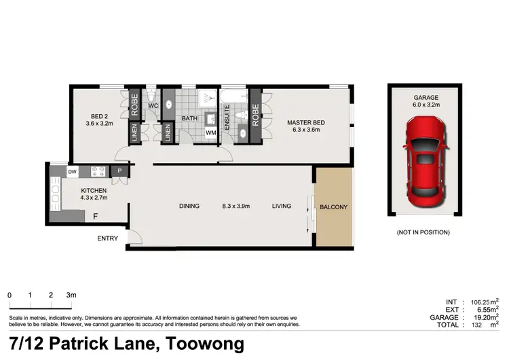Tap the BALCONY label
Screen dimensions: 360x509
[334, 206]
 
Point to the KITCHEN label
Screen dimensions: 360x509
[94, 190]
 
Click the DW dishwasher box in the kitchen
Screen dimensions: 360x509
[72, 172]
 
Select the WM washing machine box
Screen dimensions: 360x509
[212, 133]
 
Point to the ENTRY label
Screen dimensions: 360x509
[107, 238]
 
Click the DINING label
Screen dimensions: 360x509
[189, 206]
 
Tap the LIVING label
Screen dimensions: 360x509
[282, 206]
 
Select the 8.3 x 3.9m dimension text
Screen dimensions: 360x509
[236, 206]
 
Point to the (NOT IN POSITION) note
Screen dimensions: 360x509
[423, 232]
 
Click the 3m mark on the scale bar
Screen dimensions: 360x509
[71, 295]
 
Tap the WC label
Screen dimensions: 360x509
[153, 106]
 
